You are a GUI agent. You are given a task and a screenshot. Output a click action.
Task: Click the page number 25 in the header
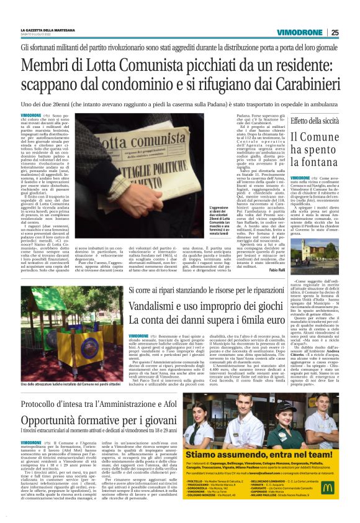tap(335, 32)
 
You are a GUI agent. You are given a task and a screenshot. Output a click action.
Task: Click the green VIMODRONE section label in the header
tap(299, 32)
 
